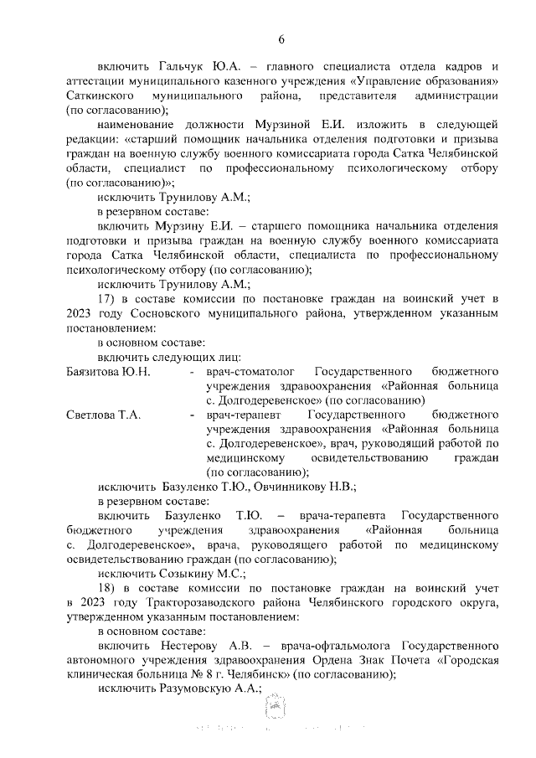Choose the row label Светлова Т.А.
pyautogui.click(x=102, y=415)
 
